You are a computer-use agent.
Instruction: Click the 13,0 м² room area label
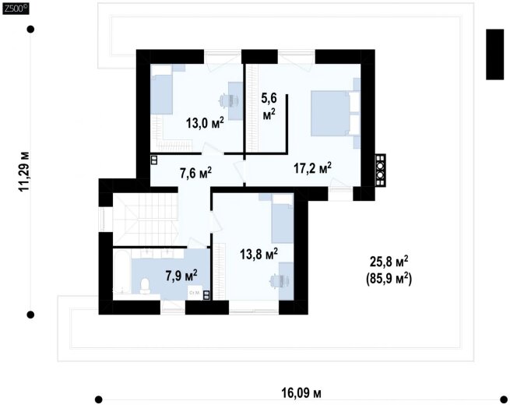coord(205,123)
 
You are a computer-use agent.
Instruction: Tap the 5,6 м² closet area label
coord(269,106)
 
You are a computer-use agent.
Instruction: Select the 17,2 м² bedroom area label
coord(312,168)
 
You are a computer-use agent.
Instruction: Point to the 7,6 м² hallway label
coord(195,173)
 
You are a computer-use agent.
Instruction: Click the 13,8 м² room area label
coord(259,254)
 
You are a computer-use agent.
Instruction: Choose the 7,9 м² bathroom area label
coord(181,276)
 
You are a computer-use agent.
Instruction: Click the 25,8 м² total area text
coord(389,261)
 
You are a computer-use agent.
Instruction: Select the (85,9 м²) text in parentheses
coord(389,279)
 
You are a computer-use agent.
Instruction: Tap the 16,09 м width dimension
coord(301,393)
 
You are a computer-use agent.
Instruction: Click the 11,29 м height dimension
coord(24,171)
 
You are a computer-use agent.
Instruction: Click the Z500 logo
coord(16,9)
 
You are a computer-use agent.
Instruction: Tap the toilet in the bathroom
coord(145,286)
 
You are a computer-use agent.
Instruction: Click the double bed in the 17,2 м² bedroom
coord(336,113)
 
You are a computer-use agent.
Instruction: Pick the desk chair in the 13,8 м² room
coord(276,281)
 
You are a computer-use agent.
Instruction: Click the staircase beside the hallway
coord(146,220)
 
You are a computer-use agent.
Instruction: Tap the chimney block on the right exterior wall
coord(380,170)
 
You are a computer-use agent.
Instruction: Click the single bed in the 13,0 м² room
coord(161,90)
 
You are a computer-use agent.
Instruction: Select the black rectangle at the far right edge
coord(495,55)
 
